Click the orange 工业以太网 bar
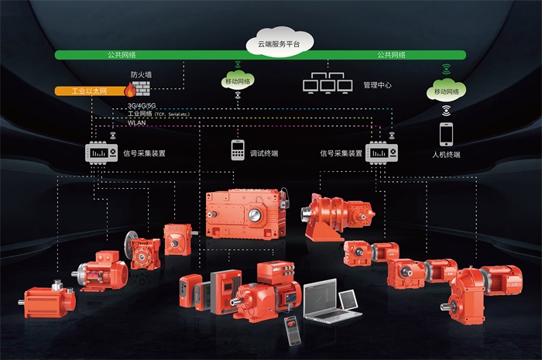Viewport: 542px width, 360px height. (87, 91)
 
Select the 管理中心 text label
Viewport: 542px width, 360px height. (376, 84)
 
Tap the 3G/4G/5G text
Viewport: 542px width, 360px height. (142, 105)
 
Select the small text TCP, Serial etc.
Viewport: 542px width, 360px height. (172, 114)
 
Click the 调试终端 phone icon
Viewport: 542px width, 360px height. (236, 149)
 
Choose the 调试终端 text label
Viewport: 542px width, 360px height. (263, 153)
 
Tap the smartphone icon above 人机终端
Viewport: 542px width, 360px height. (447, 134)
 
